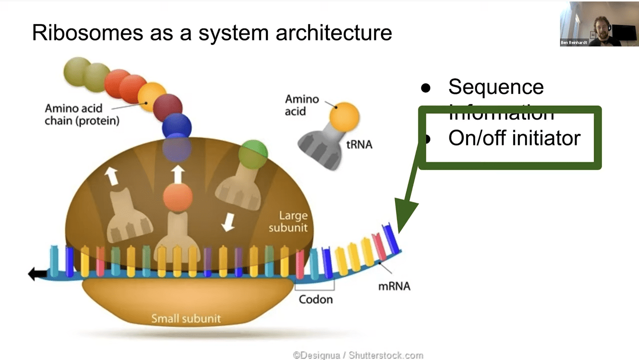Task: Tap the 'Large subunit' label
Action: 288,221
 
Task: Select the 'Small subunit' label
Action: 186,318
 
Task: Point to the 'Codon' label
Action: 315,299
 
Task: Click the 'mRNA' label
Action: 394,286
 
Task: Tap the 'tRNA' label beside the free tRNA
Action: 359,145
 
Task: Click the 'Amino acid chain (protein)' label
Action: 82,114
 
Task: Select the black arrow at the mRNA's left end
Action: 37,273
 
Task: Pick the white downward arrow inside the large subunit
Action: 228,222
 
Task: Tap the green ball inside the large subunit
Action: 253,154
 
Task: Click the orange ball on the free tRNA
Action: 344,116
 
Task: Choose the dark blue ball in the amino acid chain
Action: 176,126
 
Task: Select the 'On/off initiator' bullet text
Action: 514,138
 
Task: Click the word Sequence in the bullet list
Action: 495,87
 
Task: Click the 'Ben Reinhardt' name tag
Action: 573,42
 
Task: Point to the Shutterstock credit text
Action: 358,355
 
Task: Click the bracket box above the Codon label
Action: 314,284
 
